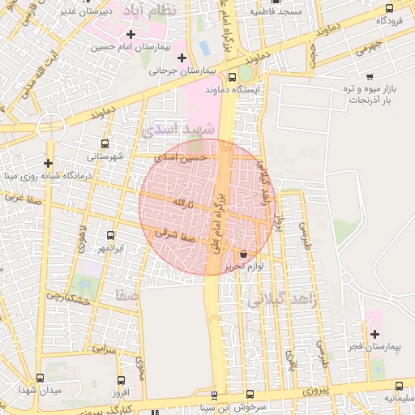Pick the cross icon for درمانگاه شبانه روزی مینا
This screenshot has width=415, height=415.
click(49, 163)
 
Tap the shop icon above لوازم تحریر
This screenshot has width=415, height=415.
click(244, 254)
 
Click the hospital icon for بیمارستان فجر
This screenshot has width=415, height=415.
click(374, 334)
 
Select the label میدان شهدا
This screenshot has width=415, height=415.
click(41, 392)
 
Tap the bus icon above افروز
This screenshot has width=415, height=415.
click(121, 380)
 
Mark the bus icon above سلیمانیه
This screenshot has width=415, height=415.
click(398, 386)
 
